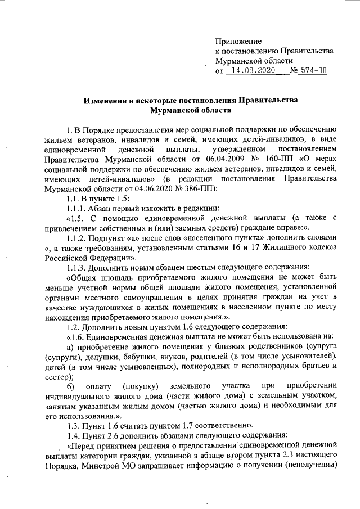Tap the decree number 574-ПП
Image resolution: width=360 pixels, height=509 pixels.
point(313,71)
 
